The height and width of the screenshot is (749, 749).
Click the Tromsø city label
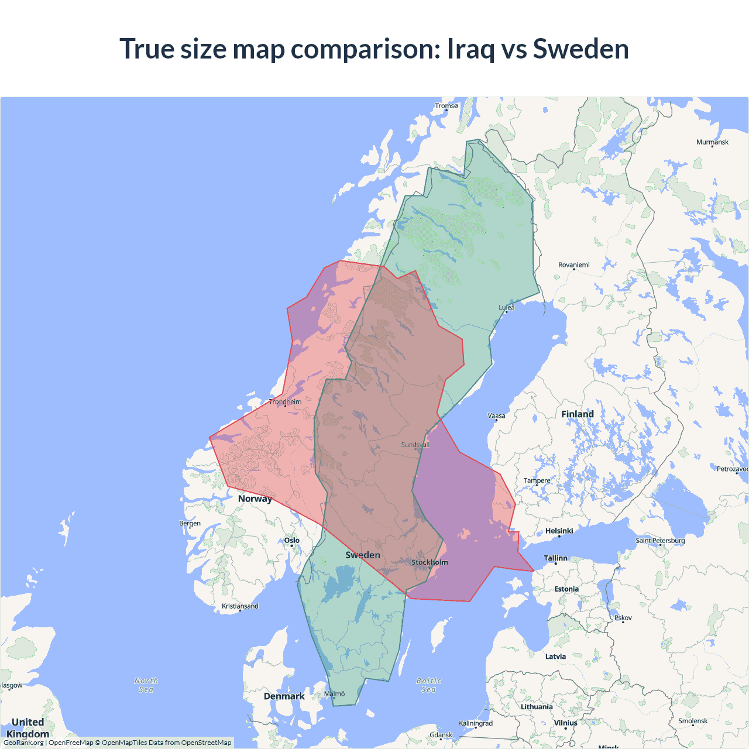point(446,106)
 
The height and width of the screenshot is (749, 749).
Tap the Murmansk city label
point(712,142)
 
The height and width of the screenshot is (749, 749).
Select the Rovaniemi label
point(573,265)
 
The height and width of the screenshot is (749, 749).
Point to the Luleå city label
point(507,308)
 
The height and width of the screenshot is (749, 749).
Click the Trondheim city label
point(286,402)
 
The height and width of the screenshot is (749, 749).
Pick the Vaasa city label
point(496,416)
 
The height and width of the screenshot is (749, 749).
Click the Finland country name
point(578,414)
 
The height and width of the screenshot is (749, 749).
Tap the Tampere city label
point(537,480)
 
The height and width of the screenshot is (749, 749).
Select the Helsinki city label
point(559,531)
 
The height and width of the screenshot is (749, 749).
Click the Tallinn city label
point(555,558)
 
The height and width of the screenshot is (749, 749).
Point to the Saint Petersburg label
point(660,540)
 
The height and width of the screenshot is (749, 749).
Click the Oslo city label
point(291,541)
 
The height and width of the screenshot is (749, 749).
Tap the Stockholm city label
point(430,562)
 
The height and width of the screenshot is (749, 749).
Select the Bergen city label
point(190,523)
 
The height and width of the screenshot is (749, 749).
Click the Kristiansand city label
point(240,606)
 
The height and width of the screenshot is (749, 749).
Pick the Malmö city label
point(335,694)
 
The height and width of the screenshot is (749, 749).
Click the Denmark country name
point(284,696)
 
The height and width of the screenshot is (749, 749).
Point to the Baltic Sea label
point(429,685)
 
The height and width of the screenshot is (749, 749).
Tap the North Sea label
point(146,685)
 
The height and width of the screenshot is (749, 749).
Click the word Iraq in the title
point(472,49)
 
